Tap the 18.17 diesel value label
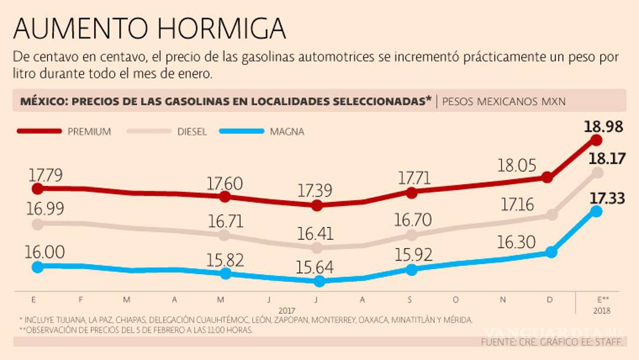coord(602,159)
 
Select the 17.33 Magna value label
coord(602,198)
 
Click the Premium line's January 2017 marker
coord(37,189)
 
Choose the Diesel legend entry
coord(172,131)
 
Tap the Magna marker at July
coord(319,281)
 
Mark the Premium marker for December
coord(547,177)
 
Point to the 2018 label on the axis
coord(601,310)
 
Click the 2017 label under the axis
coord(286,310)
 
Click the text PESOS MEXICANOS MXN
coord(504,101)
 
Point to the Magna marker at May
coord(225,274)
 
